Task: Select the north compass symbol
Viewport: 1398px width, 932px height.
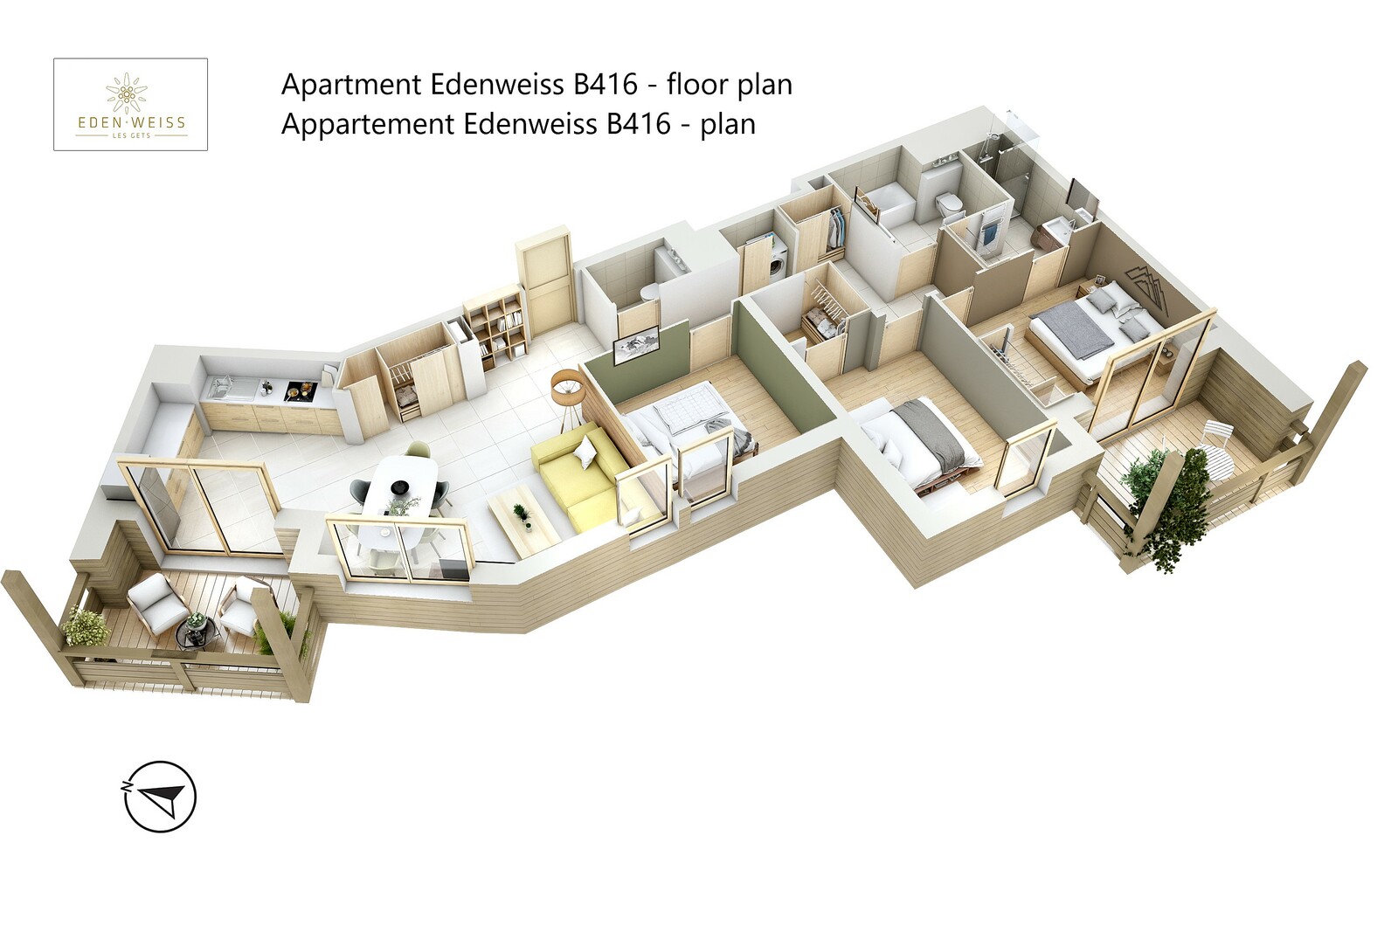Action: pyautogui.click(x=160, y=796)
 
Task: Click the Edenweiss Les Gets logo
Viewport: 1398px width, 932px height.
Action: pyautogui.click(x=131, y=105)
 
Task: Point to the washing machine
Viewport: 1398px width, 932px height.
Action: pyautogui.click(x=778, y=259)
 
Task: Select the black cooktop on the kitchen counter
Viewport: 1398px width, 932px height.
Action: pyautogui.click(x=300, y=390)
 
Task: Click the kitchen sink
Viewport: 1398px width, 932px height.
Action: pyautogui.click(x=219, y=385)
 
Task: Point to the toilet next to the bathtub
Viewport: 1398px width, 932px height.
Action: pyautogui.click(x=948, y=206)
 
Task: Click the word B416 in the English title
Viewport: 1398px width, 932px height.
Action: pyautogui.click(x=606, y=85)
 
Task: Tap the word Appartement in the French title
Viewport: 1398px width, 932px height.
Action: pyautogui.click(x=368, y=124)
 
